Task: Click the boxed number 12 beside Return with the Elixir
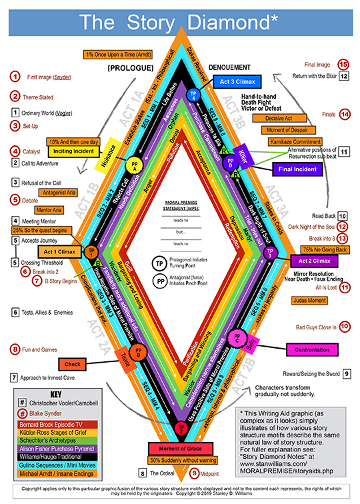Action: coord(343,76)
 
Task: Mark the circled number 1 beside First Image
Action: coord(13,77)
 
